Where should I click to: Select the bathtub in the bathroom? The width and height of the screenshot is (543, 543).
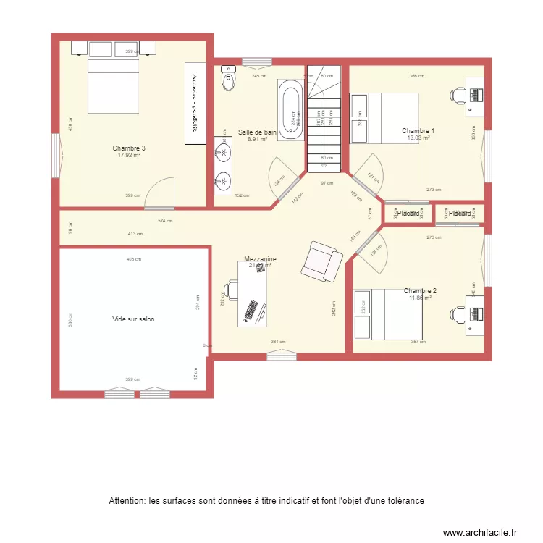pos(292,109)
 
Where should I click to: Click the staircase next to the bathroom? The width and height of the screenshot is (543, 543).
pos(323,119)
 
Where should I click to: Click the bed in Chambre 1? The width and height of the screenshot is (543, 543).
pos(375,118)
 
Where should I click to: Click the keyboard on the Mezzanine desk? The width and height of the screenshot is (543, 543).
pos(253,310)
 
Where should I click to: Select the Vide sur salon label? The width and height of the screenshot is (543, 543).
pos(133,319)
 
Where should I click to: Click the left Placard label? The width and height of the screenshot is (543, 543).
pos(408,214)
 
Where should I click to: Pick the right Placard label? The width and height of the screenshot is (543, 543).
pos(460,214)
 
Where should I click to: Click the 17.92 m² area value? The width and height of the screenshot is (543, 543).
pos(129,155)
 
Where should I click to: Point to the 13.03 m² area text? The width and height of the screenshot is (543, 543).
pos(418,138)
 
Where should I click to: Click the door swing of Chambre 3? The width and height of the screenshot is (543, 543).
pos(158,194)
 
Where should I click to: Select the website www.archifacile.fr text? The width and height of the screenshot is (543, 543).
pos(480,532)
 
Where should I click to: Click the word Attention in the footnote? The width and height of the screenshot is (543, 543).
pos(127,500)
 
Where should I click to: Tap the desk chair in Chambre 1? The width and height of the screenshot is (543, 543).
pos(459,95)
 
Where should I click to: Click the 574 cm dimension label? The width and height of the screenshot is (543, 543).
pos(165,221)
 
